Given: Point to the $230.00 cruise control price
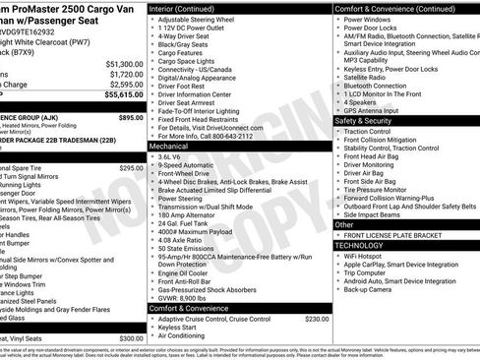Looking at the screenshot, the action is click(317, 319).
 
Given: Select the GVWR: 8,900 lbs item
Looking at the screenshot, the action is click(188, 295).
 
